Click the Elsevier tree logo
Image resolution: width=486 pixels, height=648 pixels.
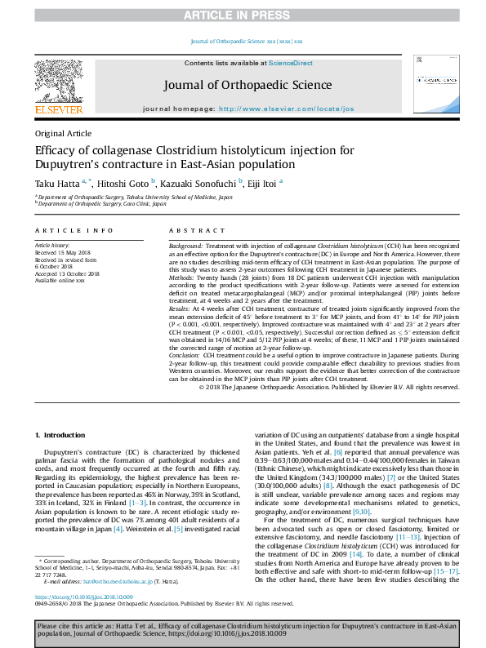(x=58, y=82)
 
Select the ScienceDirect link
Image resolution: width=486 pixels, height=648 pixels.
(x=291, y=63)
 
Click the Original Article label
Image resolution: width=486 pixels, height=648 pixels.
(x=63, y=132)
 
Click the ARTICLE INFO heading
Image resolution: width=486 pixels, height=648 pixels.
(x=74, y=231)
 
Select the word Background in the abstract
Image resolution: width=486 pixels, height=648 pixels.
(x=185, y=246)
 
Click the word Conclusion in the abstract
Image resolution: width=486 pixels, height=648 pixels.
(x=185, y=356)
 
